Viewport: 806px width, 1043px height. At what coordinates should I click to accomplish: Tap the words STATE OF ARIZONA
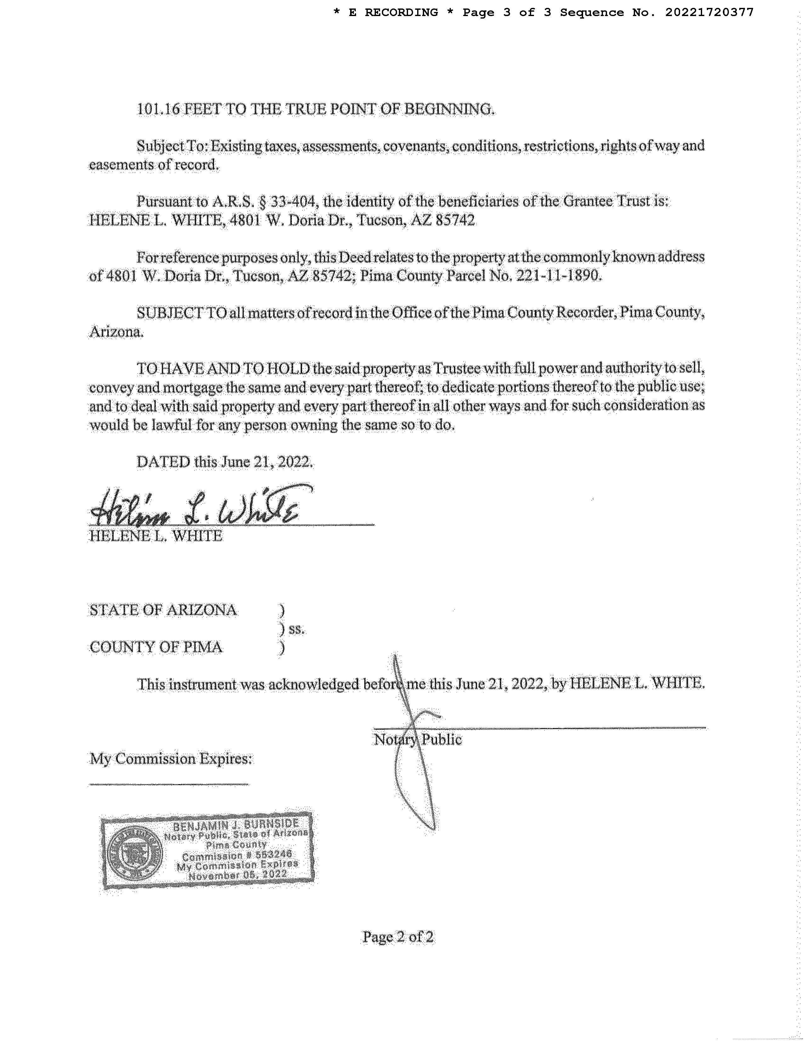(163, 610)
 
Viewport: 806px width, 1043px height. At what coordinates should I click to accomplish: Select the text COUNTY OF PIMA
(156, 647)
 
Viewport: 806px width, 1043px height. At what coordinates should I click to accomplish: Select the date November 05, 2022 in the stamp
(237, 875)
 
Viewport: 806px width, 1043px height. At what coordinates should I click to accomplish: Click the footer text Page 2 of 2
(398, 937)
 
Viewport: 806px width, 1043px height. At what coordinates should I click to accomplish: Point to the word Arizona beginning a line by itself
(116, 331)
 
